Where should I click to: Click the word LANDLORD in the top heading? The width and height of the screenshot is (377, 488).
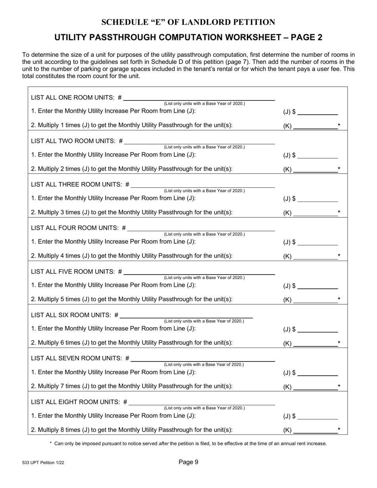208,22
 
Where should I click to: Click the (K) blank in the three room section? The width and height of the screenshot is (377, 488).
315,212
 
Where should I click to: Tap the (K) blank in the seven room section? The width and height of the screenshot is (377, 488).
315,386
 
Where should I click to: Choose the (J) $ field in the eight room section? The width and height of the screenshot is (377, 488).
317,416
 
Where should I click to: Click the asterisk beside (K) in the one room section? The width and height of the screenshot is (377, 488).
339,126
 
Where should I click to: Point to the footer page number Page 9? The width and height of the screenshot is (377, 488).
188,462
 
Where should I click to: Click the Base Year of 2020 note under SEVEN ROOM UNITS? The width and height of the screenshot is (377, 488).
204,365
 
